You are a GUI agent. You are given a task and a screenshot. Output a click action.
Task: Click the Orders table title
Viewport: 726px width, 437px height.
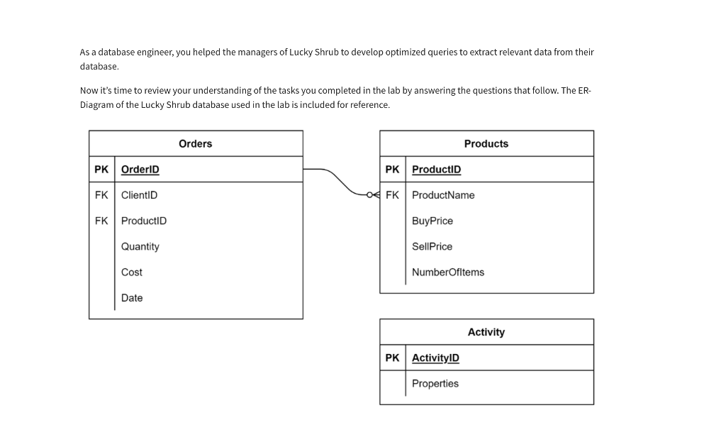coord(195,144)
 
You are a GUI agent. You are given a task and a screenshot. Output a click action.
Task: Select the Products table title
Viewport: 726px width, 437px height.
coord(486,144)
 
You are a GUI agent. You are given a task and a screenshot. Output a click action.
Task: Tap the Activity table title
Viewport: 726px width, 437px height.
coord(486,332)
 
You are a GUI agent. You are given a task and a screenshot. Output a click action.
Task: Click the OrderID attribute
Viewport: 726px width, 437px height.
coord(140,170)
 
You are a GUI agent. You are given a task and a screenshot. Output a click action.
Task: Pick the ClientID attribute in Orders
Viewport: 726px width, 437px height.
coord(139,195)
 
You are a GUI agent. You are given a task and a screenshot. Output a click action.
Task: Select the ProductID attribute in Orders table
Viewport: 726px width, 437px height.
coord(143,221)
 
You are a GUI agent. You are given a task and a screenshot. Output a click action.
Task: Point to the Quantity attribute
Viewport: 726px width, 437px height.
coord(140,247)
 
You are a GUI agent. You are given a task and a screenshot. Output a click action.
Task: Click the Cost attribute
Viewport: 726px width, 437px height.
coord(131,272)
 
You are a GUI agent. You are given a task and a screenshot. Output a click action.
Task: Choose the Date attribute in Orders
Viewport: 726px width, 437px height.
coord(131,298)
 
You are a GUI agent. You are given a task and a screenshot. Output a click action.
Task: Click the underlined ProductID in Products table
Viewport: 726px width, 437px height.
coord(436,170)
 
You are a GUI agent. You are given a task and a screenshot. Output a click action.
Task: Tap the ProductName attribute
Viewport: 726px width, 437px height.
coord(443,195)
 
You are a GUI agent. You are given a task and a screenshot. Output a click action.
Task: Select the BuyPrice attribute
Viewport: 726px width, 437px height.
coord(432,221)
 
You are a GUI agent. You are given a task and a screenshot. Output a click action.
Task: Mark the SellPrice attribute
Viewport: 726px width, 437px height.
coord(432,247)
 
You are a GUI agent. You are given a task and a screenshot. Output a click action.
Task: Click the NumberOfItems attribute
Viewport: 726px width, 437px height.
coord(448,272)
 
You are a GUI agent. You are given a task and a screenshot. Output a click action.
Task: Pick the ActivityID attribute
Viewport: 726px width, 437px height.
coord(435,358)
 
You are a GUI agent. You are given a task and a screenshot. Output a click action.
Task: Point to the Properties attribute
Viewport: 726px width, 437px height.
coord(435,384)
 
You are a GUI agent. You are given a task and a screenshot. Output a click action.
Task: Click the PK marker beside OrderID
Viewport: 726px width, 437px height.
coord(101,170)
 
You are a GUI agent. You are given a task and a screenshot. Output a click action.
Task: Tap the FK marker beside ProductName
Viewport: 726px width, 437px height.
coord(392,195)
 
